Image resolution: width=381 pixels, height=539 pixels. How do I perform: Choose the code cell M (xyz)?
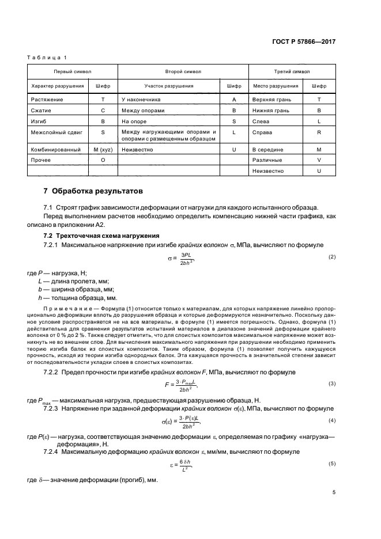pyautogui.click(x=102, y=149)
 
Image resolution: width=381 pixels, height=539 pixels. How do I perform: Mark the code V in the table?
pyautogui.click(x=319, y=160)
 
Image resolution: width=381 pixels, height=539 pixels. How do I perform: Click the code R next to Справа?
pyautogui.click(x=319, y=132)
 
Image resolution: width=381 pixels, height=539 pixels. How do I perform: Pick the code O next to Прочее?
pyautogui.click(x=102, y=160)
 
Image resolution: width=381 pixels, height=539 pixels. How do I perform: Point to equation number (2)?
pyautogui.click(x=332, y=256)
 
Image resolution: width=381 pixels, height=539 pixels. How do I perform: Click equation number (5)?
pyautogui.click(x=332, y=464)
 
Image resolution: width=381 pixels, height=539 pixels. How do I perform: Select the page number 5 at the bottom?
pyautogui.click(x=334, y=492)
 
